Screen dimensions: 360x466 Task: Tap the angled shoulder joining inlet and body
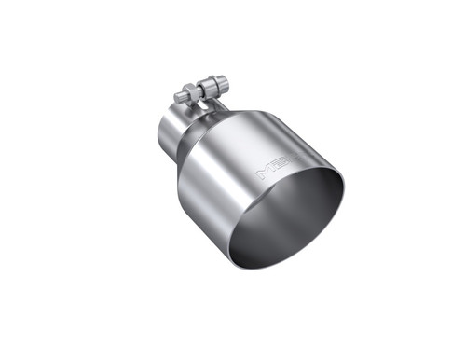tap(190, 140)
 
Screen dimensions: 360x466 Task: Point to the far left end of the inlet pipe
tap(158, 135)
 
